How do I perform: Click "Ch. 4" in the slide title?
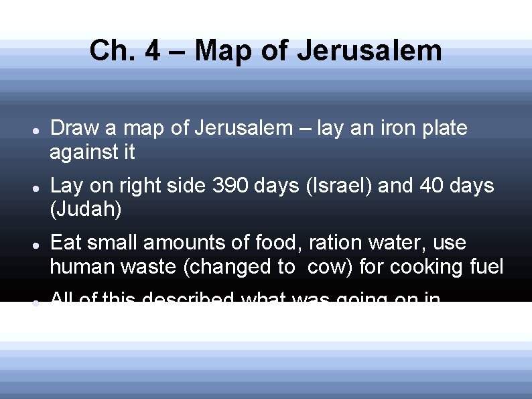(x=125, y=51)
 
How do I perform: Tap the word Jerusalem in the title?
(x=369, y=51)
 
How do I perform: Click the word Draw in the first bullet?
(x=74, y=128)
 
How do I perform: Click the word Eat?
(x=68, y=242)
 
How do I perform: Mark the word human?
(x=83, y=267)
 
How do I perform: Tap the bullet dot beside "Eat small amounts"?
(x=34, y=244)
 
